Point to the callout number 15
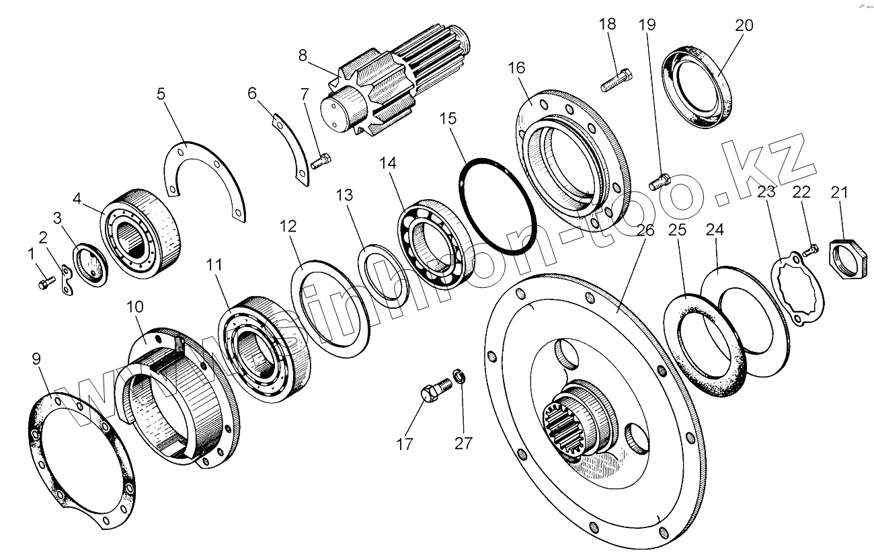coord(448,119)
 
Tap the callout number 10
coord(134,307)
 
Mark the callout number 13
coord(344,196)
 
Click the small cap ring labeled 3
coord(89,264)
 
